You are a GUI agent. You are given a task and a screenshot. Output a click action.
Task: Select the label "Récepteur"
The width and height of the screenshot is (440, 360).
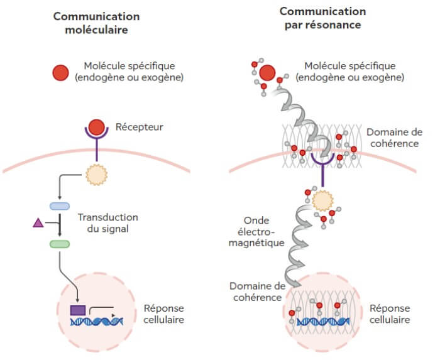point(139,127)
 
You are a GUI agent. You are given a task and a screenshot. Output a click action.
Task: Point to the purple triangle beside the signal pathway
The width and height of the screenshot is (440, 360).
point(37,221)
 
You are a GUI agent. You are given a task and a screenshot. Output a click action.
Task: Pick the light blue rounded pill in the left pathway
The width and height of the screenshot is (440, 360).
point(60,206)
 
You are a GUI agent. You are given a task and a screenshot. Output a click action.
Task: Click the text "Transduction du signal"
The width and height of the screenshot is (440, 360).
point(107,223)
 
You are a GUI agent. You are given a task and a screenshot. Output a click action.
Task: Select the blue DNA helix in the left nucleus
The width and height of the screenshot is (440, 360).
point(97,322)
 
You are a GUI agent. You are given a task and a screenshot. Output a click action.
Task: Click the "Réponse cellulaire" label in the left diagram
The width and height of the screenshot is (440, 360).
point(164,314)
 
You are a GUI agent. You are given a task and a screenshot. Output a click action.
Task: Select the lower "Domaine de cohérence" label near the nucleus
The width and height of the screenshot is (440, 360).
point(258,292)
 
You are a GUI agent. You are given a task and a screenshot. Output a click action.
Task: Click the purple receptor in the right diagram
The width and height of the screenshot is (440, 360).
point(322,165)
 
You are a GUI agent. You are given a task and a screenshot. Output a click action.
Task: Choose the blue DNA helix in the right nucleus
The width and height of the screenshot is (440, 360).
point(323,322)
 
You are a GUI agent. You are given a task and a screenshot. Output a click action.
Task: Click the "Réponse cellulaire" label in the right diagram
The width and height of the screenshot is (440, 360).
point(390,314)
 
